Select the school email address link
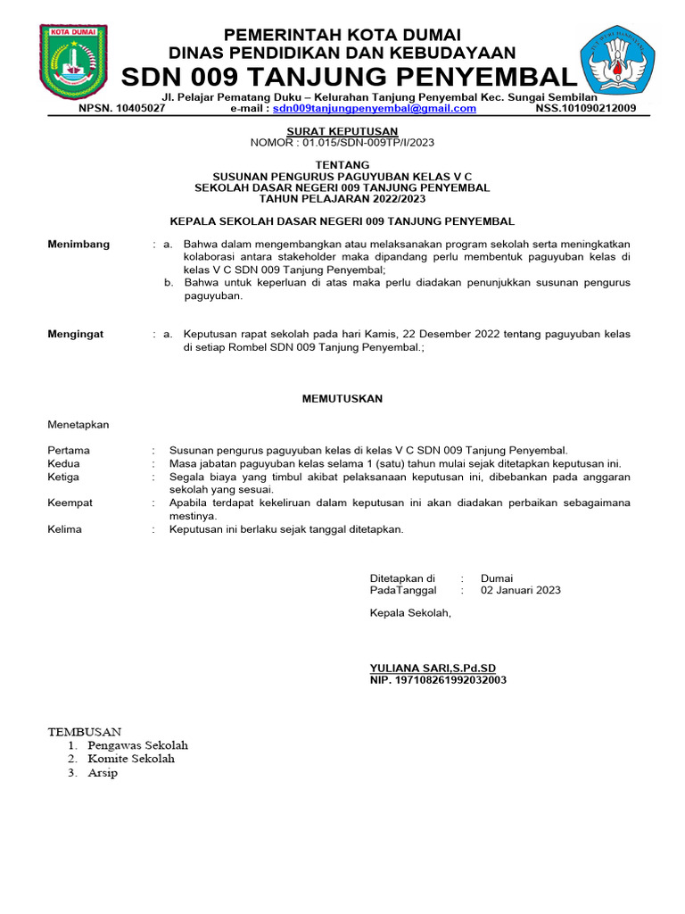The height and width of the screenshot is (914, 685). pos(374,109)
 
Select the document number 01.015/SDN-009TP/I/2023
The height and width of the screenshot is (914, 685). pos(364,143)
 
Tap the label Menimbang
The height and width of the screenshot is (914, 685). pos(78,244)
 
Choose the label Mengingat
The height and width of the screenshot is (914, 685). pos(75,334)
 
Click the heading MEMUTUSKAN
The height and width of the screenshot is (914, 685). pos(342,399)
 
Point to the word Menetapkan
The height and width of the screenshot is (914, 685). pos(78,425)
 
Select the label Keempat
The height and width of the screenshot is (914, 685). pos(70,503)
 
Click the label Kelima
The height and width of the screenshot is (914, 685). pos(64,529)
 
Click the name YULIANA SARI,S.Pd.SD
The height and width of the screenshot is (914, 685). pos(433,668)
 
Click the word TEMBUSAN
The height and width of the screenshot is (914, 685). pos(84,731)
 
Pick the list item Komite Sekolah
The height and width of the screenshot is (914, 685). pos(131,759)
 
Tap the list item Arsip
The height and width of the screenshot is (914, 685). pos(103,773)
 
